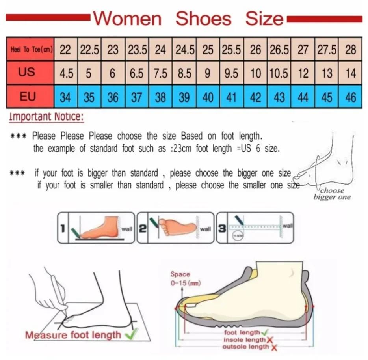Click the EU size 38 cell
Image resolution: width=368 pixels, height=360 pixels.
[160, 97]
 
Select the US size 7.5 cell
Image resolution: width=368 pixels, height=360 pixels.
[160, 73]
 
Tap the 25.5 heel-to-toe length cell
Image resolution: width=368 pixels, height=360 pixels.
[232, 50]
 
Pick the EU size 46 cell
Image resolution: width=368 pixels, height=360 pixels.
[350, 97]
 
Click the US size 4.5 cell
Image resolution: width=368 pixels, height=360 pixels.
[65, 73]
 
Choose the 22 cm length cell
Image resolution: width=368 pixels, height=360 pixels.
[65, 50]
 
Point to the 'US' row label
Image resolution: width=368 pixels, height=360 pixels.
[27, 72]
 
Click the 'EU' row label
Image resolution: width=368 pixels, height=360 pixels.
[27, 96]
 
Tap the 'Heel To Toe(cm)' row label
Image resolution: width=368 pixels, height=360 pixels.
[30, 50]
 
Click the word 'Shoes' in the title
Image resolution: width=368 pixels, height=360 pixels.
[203, 19]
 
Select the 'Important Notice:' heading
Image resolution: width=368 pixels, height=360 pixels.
[46, 117]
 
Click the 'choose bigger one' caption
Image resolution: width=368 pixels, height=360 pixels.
[332, 194]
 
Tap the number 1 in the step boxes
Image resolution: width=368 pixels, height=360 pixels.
[63, 228]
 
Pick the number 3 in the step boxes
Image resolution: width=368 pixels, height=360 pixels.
[222, 228]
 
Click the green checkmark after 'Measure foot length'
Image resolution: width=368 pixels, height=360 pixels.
[129, 335]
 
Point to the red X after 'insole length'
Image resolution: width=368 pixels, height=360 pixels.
[270, 340]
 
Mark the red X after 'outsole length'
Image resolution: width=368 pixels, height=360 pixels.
[274, 347]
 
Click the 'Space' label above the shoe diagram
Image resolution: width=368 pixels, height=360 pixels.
[180, 274]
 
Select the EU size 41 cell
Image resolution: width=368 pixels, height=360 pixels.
[232, 97]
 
